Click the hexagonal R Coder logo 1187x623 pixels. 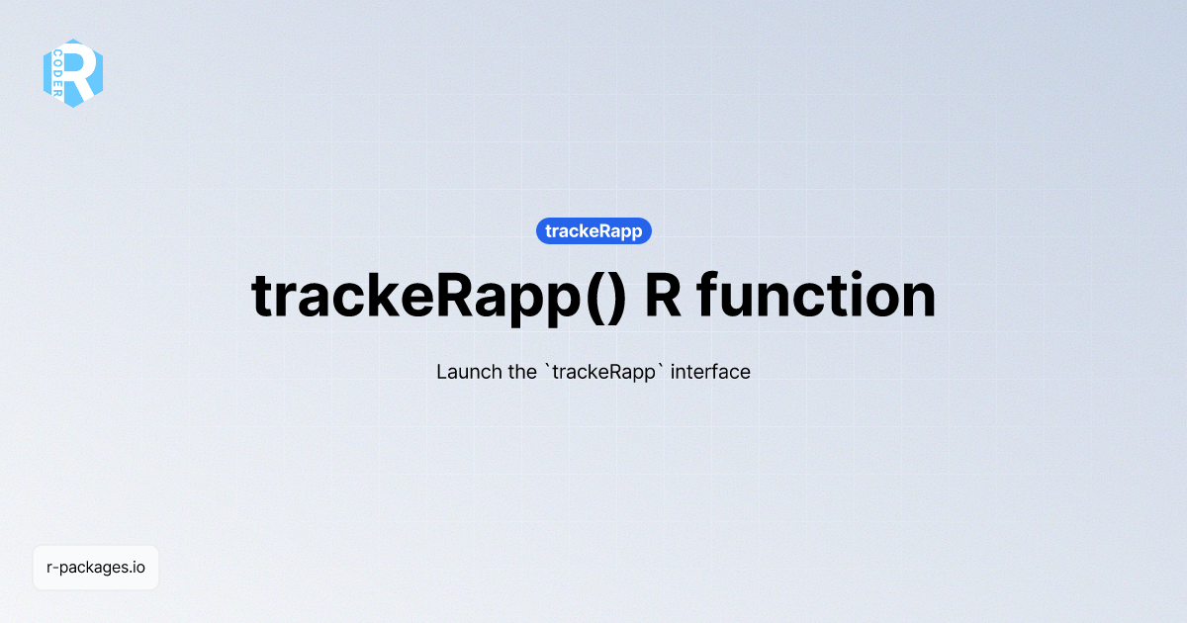pyautogui.click(x=73, y=72)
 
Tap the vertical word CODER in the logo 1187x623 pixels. pyautogui.click(x=59, y=72)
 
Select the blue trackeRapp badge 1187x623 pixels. pyautogui.click(x=593, y=231)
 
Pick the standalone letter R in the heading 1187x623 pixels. pyautogui.click(x=663, y=295)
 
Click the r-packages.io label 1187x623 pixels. pyautogui.click(x=96, y=568)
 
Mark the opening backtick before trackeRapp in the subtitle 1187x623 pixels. pyautogui.click(x=547, y=368)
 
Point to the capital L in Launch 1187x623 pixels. pyautogui.click(x=442, y=373)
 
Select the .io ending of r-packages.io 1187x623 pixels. pyautogui.click(x=137, y=568)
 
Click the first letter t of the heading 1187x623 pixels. pyautogui.click(x=264, y=295)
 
